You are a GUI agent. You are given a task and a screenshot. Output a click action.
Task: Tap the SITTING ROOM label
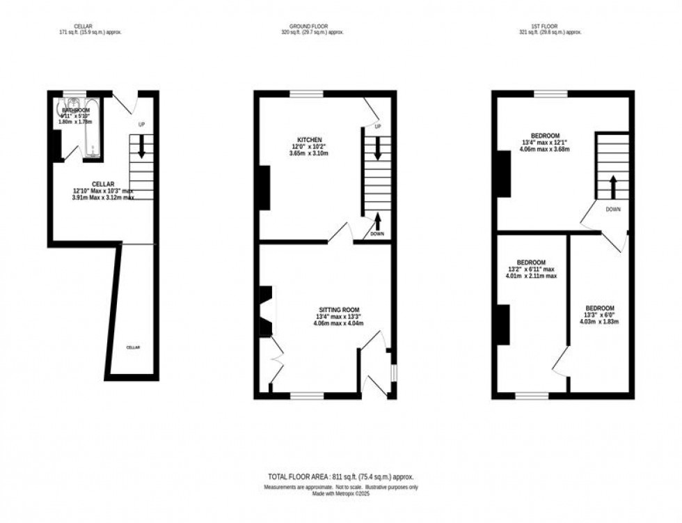coord(340,309)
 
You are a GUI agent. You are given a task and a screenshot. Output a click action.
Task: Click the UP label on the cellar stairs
coord(142,125)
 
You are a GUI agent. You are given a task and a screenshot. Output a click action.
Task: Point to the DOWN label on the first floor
coord(613,209)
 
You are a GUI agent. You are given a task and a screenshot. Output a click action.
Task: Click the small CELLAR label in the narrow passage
coord(133,347)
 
